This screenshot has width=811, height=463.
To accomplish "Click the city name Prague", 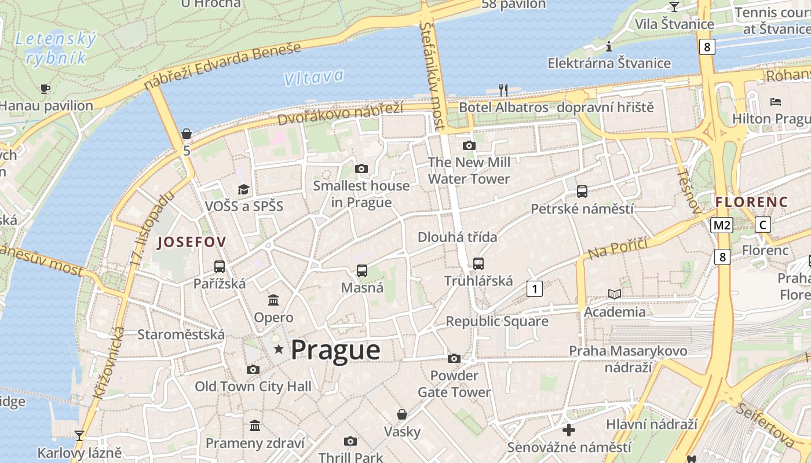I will click(x=335, y=350).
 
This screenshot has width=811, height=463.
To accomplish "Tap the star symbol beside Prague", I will click(x=279, y=349).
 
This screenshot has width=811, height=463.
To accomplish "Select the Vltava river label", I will click(x=315, y=78).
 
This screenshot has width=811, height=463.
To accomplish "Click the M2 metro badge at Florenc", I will click(x=722, y=225).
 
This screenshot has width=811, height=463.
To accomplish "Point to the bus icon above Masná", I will click(x=362, y=270).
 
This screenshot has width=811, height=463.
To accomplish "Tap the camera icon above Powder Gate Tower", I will click(x=454, y=359).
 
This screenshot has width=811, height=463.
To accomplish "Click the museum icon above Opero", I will click(x=273, y=300).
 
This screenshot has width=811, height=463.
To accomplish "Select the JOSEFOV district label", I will click(x=191, y=242).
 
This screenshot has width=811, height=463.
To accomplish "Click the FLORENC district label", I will click(x=751, y=202).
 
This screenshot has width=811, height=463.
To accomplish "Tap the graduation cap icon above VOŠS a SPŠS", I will click(x=243, y=189).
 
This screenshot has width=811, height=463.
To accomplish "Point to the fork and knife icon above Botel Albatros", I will click(x=503, y=90).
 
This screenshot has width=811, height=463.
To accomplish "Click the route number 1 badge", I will click(x=535, y=288).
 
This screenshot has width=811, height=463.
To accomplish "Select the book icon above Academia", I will click(x=615, y=295).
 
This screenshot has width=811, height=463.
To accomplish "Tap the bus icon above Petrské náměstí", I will click(x=582, y=191).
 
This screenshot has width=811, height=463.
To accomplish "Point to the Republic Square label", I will click(x=497, y=321).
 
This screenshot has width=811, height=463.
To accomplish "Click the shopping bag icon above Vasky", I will click(x=402, y=414).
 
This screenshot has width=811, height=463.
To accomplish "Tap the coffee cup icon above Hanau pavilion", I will click(x=45, y=89).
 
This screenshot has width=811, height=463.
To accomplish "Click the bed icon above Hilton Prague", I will click(x=776, y=102).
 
